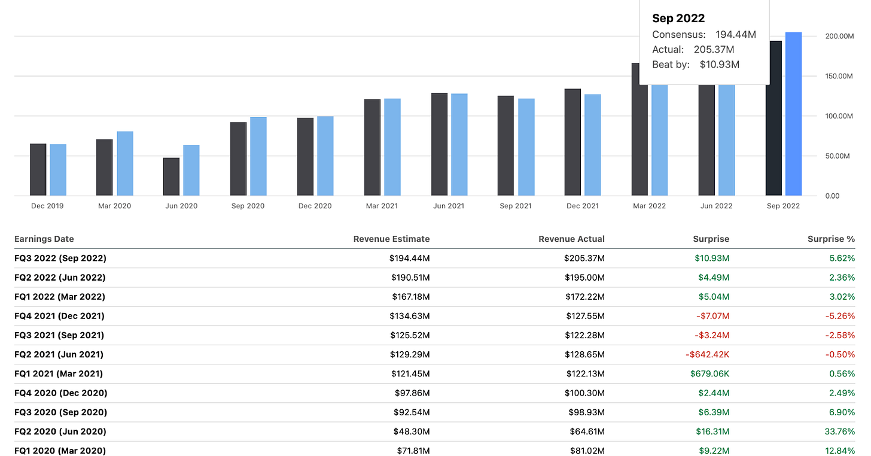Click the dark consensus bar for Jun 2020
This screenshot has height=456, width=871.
click(172, 177)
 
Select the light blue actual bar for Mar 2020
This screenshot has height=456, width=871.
click(125, 163)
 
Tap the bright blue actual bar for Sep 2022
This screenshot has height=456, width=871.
click(793, 114)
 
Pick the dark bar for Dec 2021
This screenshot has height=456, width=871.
click(572, 142)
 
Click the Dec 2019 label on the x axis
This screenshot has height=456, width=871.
click(47, 206)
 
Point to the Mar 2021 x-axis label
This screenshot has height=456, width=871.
click(382, 206)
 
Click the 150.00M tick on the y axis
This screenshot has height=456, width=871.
click(838, 76)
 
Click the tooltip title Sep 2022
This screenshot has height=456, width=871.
click(678, 19)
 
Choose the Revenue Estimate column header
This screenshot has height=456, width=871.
click(391, 239)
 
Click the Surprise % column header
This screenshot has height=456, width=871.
click(831, 239)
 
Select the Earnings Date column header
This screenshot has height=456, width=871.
click(44, 239)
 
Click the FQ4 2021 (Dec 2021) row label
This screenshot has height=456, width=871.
click(59, 316)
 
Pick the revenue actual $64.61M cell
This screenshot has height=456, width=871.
click(584, 431)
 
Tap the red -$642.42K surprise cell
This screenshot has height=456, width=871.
click(707, 354)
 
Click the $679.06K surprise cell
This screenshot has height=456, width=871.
click(709, 373)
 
